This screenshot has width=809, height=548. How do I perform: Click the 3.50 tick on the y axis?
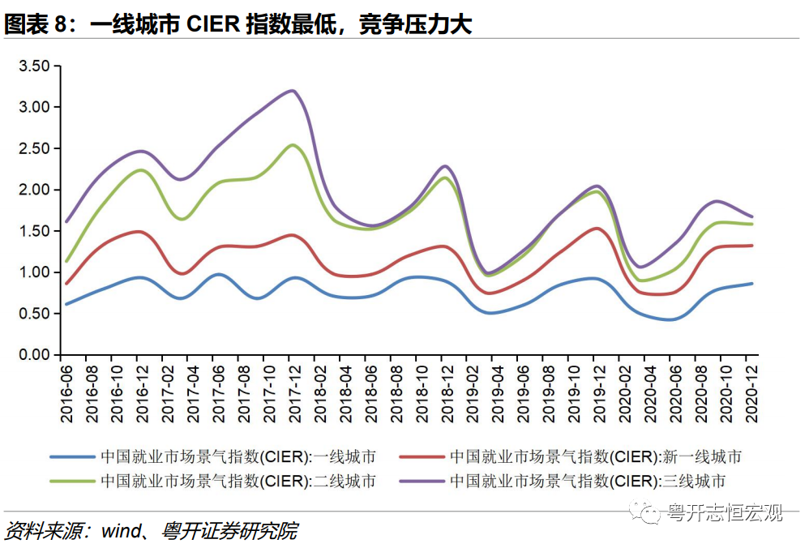coord(35,66)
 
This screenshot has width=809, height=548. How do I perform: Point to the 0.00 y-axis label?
coord(35,355)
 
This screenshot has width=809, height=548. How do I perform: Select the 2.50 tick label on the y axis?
coord(35,148)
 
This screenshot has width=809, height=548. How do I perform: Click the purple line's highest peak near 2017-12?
coord(293,91)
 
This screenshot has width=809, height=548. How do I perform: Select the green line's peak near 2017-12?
coord(293,145)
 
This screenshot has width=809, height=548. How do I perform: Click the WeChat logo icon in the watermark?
coord(648,512)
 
